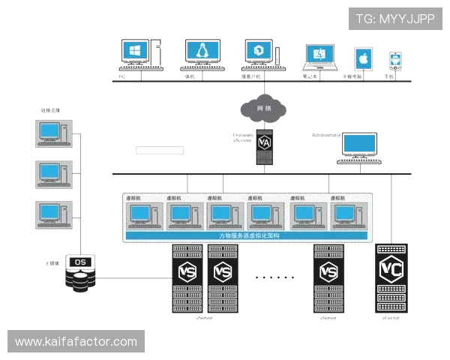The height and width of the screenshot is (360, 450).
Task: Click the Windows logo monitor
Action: tap(136, 52)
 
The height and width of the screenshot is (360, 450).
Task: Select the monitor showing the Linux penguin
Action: tap(201, 51)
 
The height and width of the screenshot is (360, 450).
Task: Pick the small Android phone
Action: tap(395, 59)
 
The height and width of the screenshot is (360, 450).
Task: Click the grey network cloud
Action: tap(263, 109)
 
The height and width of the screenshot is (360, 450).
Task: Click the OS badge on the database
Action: tap(79, 262)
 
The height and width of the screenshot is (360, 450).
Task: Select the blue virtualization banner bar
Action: tap(248, 235)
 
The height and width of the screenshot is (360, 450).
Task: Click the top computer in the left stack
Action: tap(52, 131)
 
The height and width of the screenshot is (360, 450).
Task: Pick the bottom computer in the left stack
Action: tap(52, 215)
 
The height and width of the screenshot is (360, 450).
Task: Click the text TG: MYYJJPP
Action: tap(395, 19)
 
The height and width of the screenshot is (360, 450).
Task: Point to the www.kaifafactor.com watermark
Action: tap(76, 342)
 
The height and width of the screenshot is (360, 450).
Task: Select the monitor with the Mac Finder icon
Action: tap(319, 55)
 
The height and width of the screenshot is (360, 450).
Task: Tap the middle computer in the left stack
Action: tap(52, 173)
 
